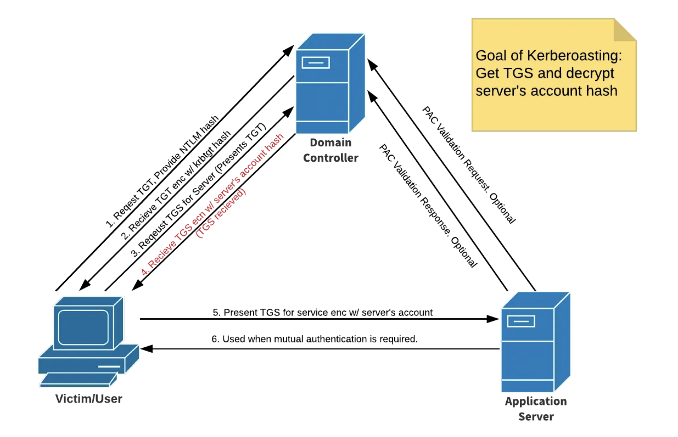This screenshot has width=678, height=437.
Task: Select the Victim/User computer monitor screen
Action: (x=83, y=327)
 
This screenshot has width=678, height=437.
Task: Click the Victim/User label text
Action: (x=88, y=399)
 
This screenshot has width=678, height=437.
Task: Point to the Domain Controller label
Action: (x=330, y=150)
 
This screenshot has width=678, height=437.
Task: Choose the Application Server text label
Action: (x=536, y=409)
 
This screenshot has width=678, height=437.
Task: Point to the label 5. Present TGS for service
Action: (x=322, y=312)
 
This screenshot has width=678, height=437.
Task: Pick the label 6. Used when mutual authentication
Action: (x=314, y=339)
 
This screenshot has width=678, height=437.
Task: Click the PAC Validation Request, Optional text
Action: (x=469, y=165)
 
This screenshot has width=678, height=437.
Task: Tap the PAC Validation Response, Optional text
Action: (x=428, y=206)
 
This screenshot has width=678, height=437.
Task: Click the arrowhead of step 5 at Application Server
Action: (x=493, y=319)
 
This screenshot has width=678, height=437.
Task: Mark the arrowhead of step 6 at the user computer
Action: (x=146, y=349)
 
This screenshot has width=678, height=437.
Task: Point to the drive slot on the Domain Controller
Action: (x=315, y=63)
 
